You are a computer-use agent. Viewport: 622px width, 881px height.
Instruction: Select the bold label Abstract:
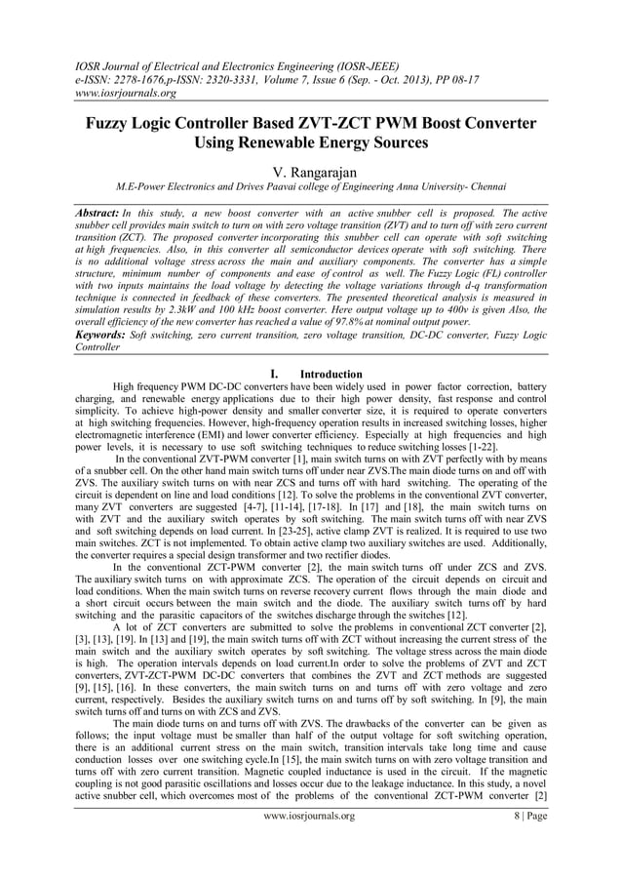click(97, 212)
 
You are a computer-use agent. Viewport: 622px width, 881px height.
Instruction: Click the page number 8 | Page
click(524, 816)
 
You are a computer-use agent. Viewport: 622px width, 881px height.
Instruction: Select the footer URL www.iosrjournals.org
click(310, 816)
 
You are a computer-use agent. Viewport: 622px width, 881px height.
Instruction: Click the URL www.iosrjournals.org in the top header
click(126, 94)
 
